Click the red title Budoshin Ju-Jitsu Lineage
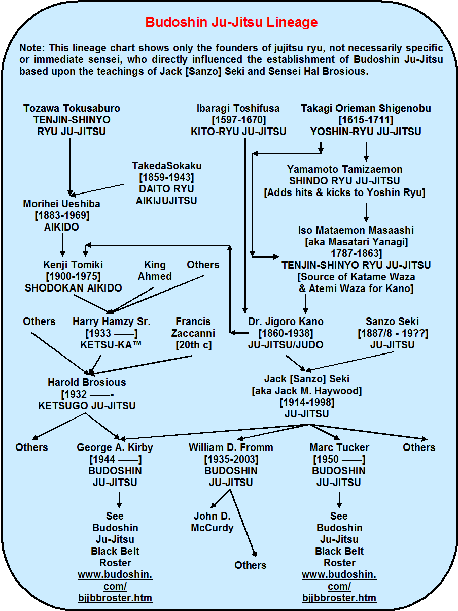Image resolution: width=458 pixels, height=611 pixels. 231,23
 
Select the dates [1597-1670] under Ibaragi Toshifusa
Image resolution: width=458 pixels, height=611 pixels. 238,120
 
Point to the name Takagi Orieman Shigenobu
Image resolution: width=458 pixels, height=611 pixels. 366,108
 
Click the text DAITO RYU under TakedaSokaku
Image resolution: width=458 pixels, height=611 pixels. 166,189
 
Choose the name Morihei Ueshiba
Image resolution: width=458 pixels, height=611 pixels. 61,204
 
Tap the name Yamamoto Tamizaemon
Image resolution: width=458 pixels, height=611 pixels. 344,169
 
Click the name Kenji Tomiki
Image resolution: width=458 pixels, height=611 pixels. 73,265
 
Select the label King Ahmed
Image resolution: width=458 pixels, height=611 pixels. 155,271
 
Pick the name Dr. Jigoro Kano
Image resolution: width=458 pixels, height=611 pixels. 286,321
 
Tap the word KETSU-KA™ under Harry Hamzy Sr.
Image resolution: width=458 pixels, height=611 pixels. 111,345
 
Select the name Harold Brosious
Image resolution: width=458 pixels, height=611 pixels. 87,382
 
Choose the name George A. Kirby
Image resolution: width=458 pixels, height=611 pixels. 115,447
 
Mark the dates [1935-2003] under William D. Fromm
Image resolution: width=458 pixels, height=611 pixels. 231,459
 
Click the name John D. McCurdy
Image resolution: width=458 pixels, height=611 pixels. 212,522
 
